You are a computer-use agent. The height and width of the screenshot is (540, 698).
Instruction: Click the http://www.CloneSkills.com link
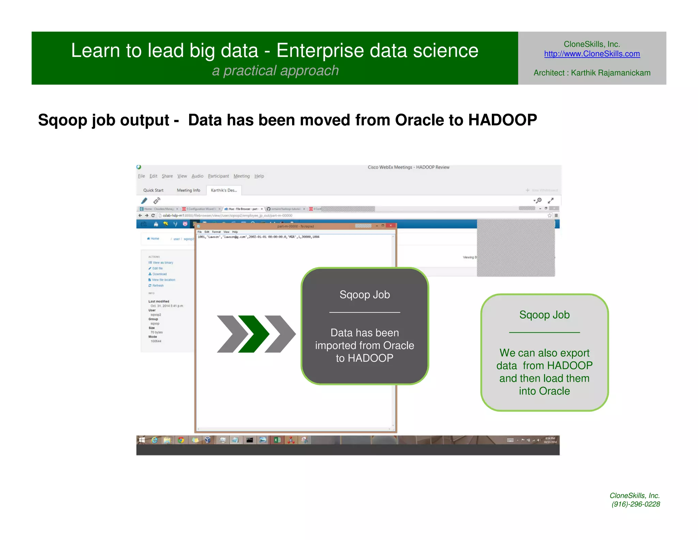pos(592,54)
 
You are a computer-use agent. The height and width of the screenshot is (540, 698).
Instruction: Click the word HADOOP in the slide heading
pos(502,120)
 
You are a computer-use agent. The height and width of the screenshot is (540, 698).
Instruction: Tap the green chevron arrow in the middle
pos(254,334)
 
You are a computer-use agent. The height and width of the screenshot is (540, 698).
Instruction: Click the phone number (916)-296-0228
pos(636,504)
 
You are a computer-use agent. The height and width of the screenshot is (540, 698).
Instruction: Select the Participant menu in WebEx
pos(218,176)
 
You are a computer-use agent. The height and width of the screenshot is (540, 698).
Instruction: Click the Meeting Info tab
pos(188,190)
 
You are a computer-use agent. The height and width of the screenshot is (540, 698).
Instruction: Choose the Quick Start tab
pos(153,190)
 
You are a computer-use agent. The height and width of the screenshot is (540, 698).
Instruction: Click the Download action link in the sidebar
pos(159,274)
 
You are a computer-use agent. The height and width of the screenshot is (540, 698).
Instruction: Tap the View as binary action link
pos(163,262)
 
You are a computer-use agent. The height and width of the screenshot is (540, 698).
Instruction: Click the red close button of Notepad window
pos(391,226)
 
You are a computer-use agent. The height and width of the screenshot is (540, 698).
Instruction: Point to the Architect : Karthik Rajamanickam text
pos(592,73)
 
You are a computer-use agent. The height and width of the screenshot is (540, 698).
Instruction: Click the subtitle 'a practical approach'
pos(275,71)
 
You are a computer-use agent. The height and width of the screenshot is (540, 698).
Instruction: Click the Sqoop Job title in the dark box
pos(364,295)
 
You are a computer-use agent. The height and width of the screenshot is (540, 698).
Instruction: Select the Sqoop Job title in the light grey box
pos(544,315)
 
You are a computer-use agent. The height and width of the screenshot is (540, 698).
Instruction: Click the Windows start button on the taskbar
pos(142,440)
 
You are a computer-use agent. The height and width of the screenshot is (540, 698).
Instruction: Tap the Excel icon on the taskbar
pos(277,440)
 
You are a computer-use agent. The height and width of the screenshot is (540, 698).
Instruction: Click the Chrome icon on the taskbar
pos(181,440)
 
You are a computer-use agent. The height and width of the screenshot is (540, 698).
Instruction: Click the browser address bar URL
pos(227,216)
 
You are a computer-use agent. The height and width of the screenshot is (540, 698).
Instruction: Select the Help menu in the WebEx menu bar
pos(259,176)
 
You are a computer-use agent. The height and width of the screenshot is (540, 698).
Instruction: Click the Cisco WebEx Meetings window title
pos(408,167)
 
